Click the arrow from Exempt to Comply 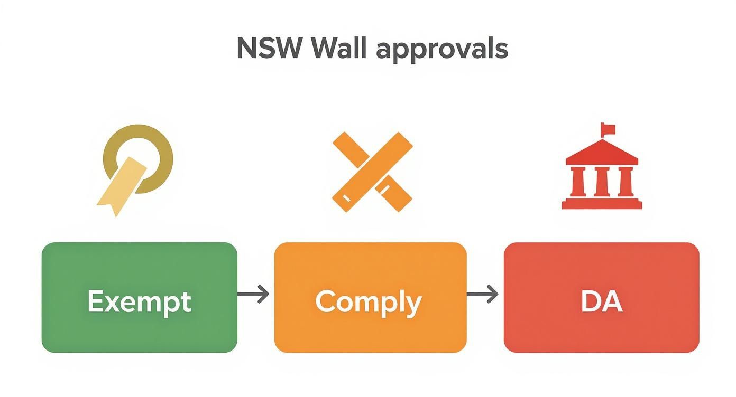tap(253, 294)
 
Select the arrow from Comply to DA tap(483, 294)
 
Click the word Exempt tap(139, 302)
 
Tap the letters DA tap(601, 302)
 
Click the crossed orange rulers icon tap(372, 172)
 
